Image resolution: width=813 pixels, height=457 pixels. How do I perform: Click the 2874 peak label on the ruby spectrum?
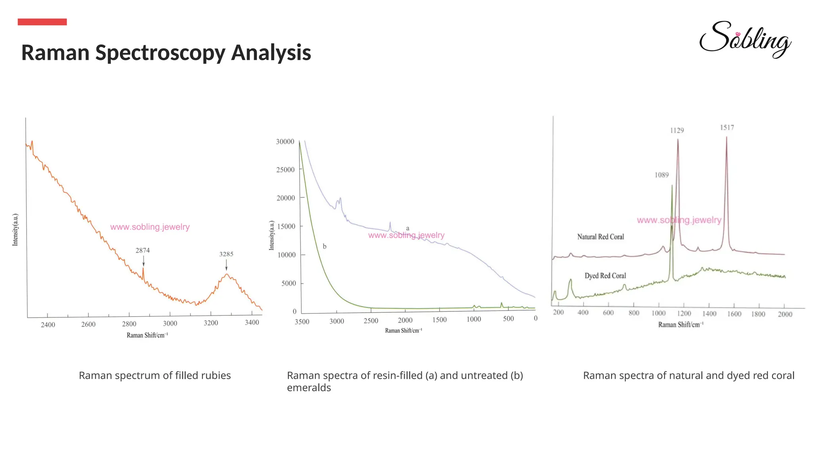pyautogui.click(x=143, y=250)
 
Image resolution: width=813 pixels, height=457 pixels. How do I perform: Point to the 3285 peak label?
pyautogui.click(x=226, y=254)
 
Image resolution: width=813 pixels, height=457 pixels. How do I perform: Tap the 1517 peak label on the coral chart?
pyautogui.click(x=727, y=127)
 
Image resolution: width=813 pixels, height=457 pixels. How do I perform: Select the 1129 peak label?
pyautogui.click(x=677, y=130)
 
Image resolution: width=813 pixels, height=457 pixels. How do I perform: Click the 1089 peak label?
pyautogui.click(x=661, y=175)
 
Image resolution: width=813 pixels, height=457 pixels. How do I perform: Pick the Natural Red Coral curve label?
pyautogui.click(x=600, y=237)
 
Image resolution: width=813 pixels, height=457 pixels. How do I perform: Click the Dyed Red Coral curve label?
pyautogui.click(x=605, y=276)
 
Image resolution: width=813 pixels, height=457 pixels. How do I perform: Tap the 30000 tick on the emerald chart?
pyautogui.click(x=285, y=142)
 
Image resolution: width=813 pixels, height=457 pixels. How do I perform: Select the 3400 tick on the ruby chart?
pyautogui.click(x=252, y=323)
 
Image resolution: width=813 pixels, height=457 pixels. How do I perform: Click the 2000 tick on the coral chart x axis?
pyautogui.click(x=785, y=314)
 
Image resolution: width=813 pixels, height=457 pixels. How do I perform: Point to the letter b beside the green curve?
pyautogui.click(x=324, y=246)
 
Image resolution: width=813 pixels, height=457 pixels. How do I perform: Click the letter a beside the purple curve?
pyautogui.click(x=408, y=228)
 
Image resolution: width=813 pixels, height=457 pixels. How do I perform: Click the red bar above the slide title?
pyautogui.click(x=42, y=22)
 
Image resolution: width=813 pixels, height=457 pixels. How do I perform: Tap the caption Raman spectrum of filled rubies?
pyautogui.click(x=154, y=375)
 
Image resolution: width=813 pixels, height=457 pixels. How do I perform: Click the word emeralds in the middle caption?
pyautogui.click(x=309, y=388)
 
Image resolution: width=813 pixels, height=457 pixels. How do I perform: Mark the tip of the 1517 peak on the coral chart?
pyautogui.click(x=726, y=137)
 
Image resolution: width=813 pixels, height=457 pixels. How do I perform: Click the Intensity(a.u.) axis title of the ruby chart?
pyautogui.click(x=15, y=230)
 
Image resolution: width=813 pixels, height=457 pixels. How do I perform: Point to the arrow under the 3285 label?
pyautogui.click(x=226, y=265)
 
